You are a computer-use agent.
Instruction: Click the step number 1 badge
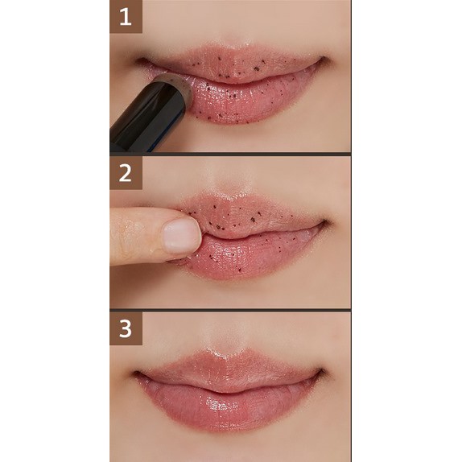(126, 16)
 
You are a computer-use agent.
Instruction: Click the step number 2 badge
(126, 173)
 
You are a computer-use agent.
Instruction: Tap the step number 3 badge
(126, 328)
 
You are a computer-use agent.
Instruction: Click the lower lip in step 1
(248, 100)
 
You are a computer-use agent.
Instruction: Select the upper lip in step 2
(254, 213)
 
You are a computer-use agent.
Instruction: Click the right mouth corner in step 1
(324, 59)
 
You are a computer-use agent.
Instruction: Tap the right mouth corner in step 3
(323, 371)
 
